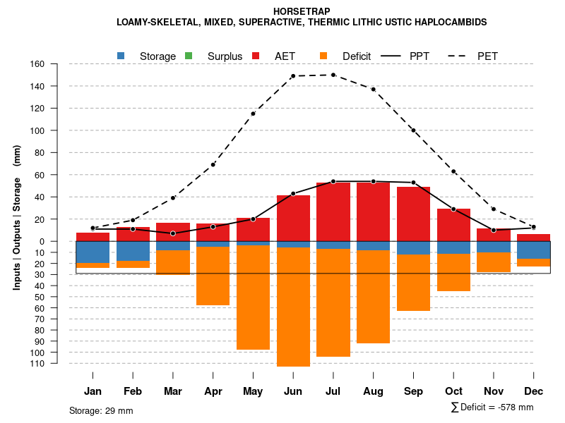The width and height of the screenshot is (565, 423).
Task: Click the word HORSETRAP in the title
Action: tap(302, 11)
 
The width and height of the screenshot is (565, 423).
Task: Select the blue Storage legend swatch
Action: tap(121, 56)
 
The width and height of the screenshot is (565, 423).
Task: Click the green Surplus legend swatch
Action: tap(189, 56)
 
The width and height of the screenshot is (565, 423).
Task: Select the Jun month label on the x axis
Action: tap(293, 391)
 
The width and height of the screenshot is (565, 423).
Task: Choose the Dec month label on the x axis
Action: tap(533, 391)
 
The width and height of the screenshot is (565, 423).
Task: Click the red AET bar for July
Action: tap(333, 211)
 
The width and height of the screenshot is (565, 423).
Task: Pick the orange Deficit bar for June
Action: tap(293, 307)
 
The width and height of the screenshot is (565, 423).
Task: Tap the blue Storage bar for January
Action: tap(93, 252)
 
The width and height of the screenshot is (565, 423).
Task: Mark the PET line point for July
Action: tap(333, 75)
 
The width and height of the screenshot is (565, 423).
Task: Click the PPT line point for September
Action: tap(413, 183)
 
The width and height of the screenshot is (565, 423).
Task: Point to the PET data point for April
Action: tap(213, 164)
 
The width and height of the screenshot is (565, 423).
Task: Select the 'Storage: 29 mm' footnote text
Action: tap(101, 410)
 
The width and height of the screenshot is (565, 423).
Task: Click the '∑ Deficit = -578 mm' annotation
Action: tap(492, 407)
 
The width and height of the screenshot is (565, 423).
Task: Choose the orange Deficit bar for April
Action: tap(213, 276)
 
